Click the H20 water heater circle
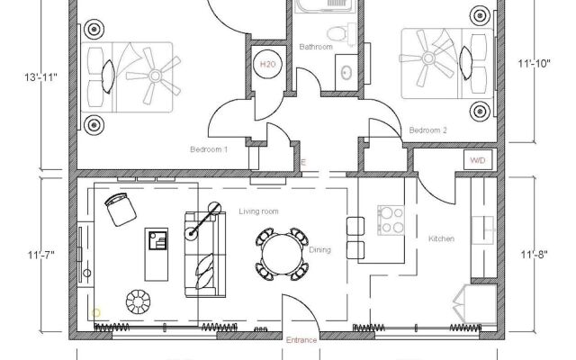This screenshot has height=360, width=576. tap(267, 66)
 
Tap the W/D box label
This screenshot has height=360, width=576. tap(476, 161)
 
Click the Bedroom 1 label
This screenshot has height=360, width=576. tap(208, 149)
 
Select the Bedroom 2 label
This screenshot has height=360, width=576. tap(428, 131)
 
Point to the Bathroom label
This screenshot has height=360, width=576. tap(316, 46)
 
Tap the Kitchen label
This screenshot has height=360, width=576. tap(441, 238)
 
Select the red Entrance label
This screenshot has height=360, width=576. tap(301, 340)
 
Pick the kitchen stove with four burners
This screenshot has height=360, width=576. tap(390, 218)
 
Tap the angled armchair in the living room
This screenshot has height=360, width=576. tap(118, 209)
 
